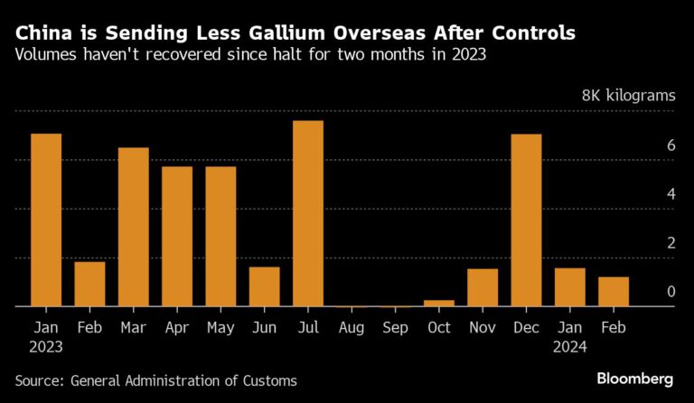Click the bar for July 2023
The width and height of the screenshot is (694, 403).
[308, 214]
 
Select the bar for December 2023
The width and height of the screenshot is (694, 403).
[527, 220]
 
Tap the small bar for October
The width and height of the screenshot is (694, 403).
[439, 303]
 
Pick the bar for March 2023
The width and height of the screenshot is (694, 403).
[134, 227]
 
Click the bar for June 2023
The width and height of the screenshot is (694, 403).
[265, 286]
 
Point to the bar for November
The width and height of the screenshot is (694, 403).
[483, 287]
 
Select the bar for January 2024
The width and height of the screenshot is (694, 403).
[570, 286]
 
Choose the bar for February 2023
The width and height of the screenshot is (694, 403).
[89, 284]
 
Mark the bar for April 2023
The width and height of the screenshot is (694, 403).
[177, 237]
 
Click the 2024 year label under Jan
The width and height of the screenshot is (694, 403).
[570, 346]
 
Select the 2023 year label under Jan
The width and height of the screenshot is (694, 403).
[46, 346]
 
